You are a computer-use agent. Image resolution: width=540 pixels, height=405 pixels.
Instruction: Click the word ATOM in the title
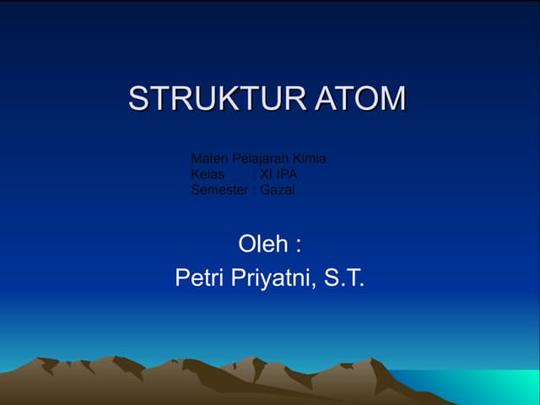[361, 99]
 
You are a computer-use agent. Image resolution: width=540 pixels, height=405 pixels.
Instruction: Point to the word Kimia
[310, 159]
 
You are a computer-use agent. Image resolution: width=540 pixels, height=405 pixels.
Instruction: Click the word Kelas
[208, 175]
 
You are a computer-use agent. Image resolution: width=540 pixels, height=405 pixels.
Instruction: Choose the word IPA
[288, 175]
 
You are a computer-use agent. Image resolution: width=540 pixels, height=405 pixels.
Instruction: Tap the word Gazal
[278, 190]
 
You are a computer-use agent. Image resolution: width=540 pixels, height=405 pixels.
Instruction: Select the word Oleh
[262, 245]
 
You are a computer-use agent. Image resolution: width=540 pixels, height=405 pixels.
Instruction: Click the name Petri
[199, 278]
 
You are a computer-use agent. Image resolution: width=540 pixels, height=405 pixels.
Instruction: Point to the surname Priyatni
[273, 278]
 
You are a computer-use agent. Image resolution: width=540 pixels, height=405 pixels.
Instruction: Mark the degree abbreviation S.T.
[346, 278]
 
